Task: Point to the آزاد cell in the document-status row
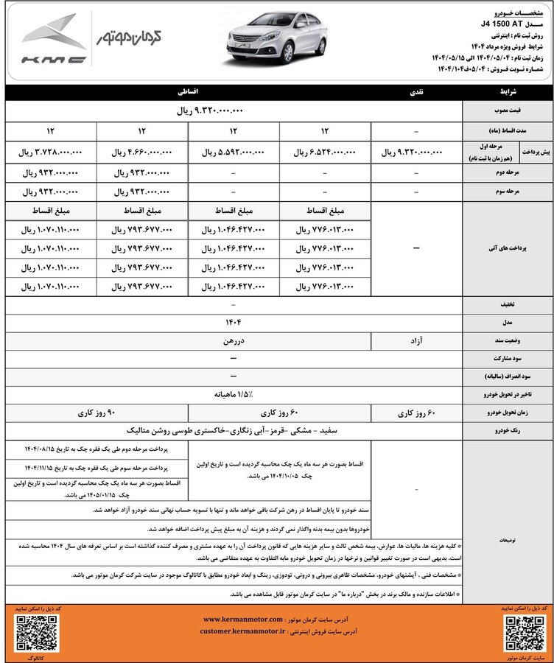(x=416, y=342)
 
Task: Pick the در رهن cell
(x=233, y=342)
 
